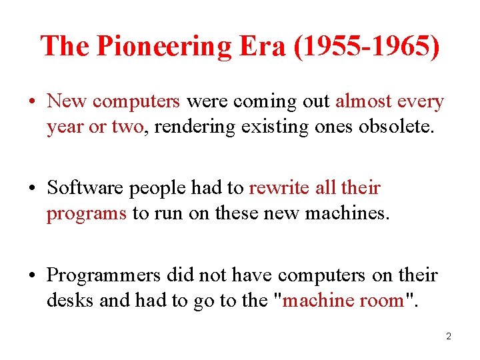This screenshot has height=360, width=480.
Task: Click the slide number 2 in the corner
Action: click(449, 336)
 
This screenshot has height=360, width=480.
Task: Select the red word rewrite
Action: click(279, 188)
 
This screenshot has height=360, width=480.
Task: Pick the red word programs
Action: click(86, 213)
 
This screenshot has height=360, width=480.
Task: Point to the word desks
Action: click(70, 300)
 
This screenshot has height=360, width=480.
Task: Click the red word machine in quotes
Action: click(323, 300)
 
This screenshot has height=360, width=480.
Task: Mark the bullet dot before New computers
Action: click(32, 102)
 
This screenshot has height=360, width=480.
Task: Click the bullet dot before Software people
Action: click(32, 189)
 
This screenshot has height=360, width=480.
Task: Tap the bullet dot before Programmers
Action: click(32, 275)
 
